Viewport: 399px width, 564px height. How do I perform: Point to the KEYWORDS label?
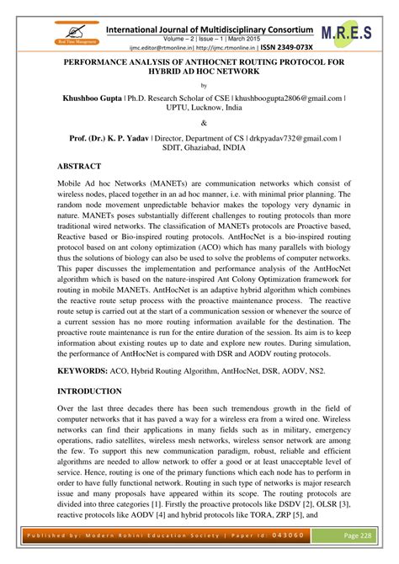[84, 370]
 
